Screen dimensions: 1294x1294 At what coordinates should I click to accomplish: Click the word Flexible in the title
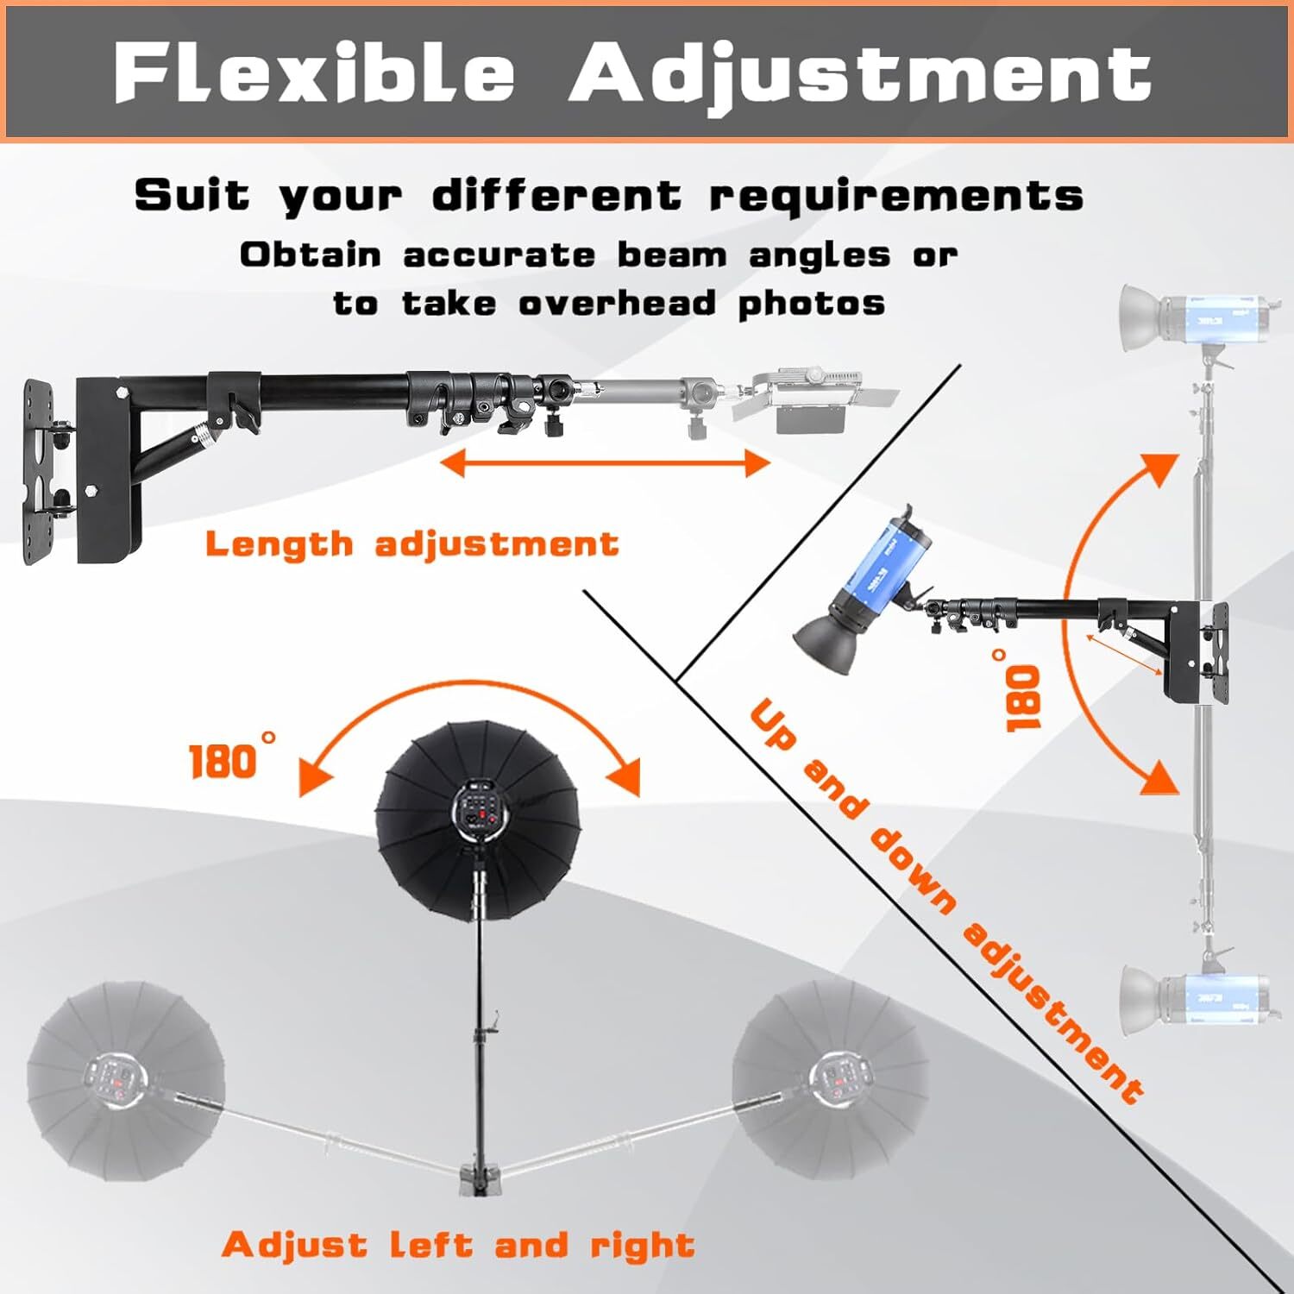[315, 73]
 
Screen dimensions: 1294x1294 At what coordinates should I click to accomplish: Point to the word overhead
[617, 303]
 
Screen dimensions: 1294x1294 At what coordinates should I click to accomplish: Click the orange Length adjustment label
[411, 544]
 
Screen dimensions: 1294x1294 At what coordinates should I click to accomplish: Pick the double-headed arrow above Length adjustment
[605, 463]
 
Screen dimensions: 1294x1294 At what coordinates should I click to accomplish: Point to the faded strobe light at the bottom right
[1195, 996]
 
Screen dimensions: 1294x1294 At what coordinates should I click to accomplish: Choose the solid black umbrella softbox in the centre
[477, 820]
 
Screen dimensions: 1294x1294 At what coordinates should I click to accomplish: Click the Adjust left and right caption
[458, 1245]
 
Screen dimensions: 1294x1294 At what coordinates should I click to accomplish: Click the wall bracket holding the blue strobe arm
[1195, 651]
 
